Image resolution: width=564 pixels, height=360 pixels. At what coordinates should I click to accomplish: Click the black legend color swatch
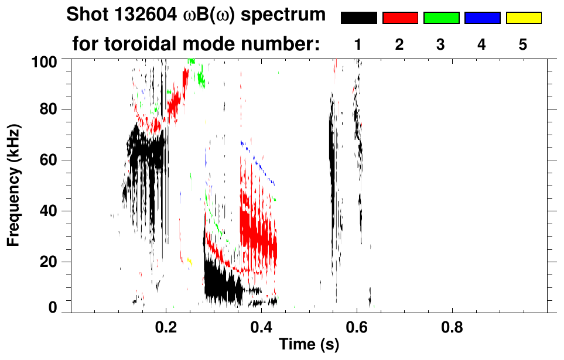point(358,18)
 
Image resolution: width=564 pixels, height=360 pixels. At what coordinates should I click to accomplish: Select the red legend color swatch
point(400,18)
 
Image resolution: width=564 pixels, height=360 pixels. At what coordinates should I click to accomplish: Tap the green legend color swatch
point(441,18)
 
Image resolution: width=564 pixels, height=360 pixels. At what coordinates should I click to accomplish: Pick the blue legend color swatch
point(482,18)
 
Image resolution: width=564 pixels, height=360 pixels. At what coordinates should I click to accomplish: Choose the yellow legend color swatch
point(524,18)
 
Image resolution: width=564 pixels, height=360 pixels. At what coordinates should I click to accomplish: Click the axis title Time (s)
point(309,345)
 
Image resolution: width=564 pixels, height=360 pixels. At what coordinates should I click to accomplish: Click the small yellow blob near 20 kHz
point(189,261)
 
